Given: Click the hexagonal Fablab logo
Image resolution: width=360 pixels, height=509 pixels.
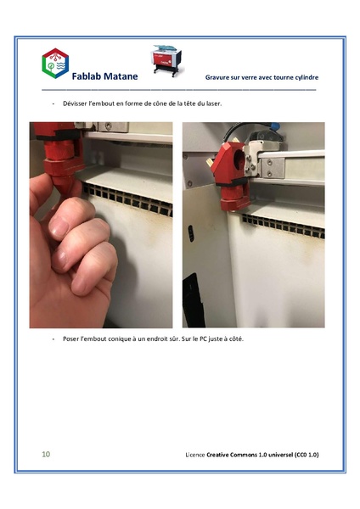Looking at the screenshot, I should tap(54, 64).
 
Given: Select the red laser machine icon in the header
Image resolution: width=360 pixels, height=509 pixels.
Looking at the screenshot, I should tap(168, 62).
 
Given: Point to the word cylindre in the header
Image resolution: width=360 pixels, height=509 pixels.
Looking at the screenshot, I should tap(303, 77).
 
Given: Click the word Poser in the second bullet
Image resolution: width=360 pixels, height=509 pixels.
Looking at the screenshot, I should tap(71, 339).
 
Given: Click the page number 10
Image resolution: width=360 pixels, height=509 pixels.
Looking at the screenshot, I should tap(46, 455).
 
